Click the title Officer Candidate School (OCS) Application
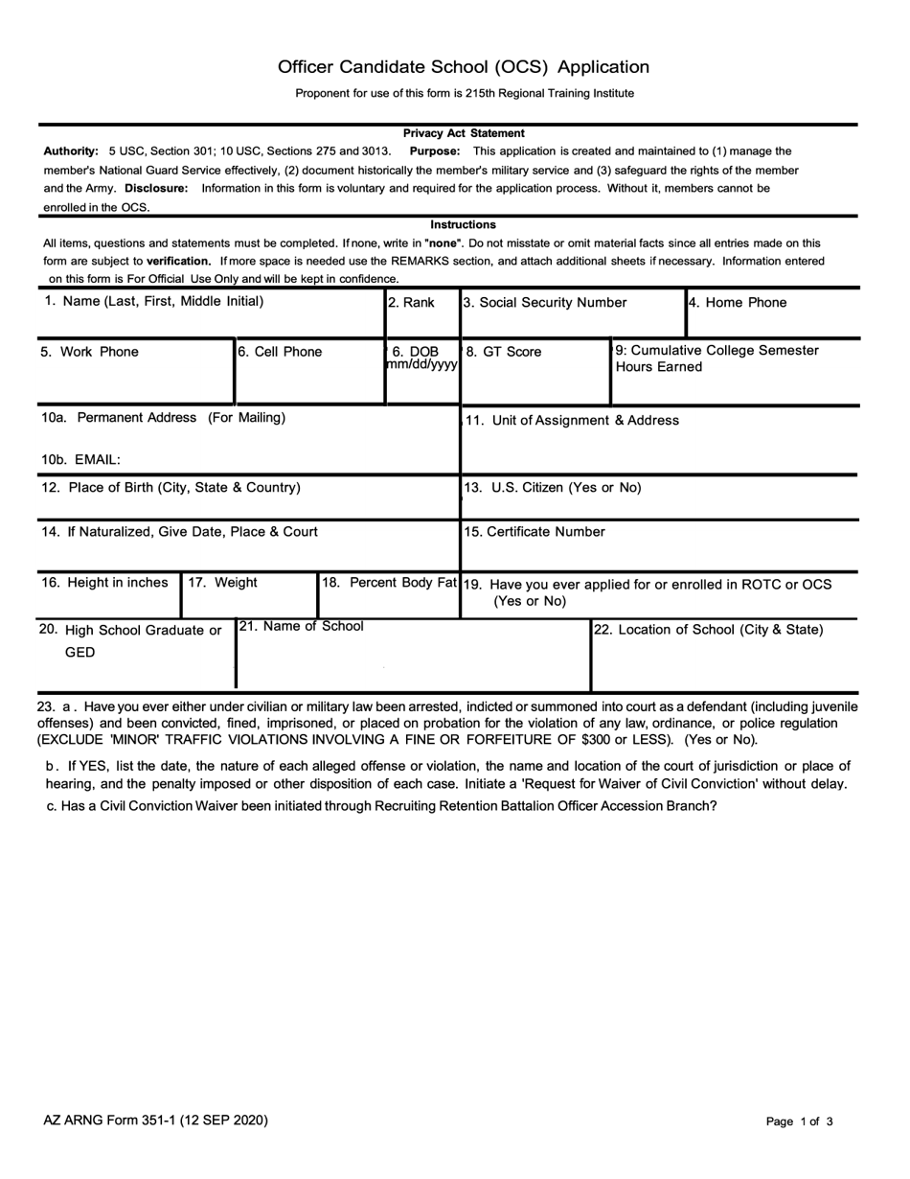coord(464,67)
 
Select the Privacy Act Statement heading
coord(464,133)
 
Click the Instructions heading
coord(463,224)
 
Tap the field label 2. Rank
coord(411,303)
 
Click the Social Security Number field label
coord(545,303)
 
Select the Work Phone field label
coord(89,352)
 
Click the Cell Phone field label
coord(280,352)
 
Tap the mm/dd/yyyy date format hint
coord(422,365)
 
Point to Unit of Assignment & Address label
coord(572,420)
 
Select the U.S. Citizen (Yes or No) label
coord(553,487)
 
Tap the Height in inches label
coord(105,582)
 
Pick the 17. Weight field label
coord(222,582)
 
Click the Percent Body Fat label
coord(389,582)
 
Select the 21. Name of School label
coord(301,626)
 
